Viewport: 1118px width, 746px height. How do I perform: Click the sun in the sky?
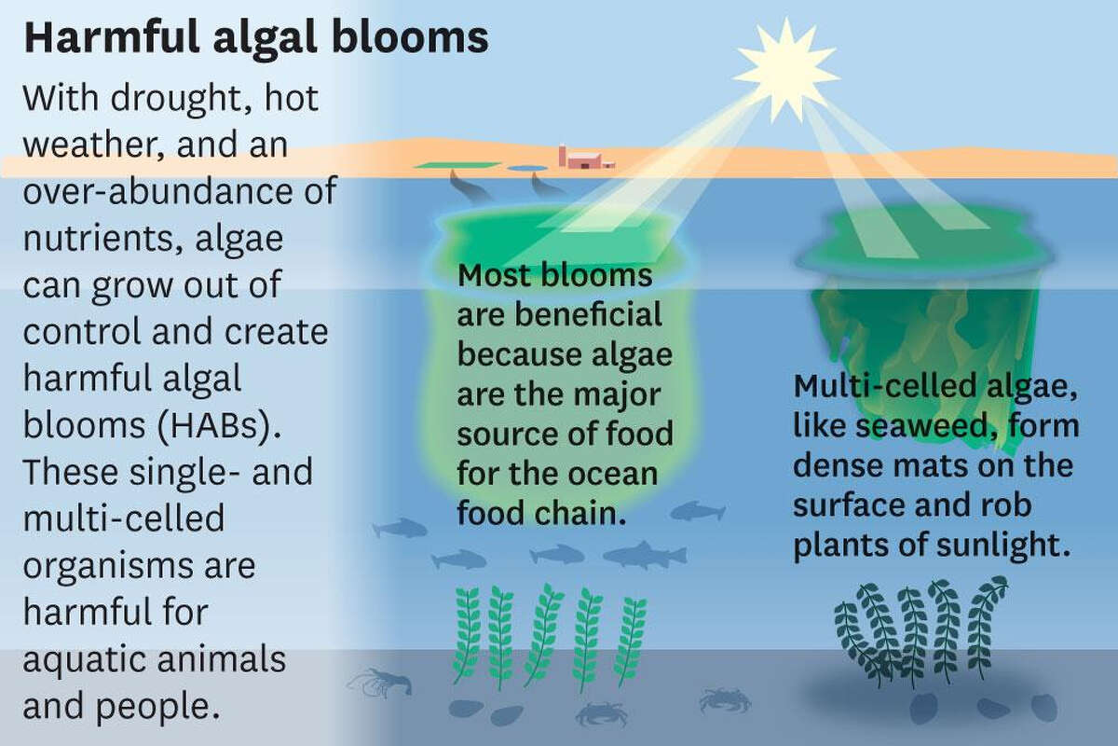point(785,71)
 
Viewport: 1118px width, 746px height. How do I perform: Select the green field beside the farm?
point(457,165)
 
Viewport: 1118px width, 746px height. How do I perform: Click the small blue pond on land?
point(527,169)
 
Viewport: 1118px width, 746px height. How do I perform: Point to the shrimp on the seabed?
point(380,682)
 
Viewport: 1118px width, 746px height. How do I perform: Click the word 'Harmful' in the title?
point(112,38)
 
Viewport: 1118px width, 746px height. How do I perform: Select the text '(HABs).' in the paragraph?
point(219,425)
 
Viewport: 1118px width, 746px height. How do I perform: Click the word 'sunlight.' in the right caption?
point(1003,546)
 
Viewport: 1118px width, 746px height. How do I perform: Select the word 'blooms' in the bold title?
point(410,38)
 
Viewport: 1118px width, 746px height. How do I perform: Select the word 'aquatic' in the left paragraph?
point(85,660)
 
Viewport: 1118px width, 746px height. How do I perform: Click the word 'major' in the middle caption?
point(617,394)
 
